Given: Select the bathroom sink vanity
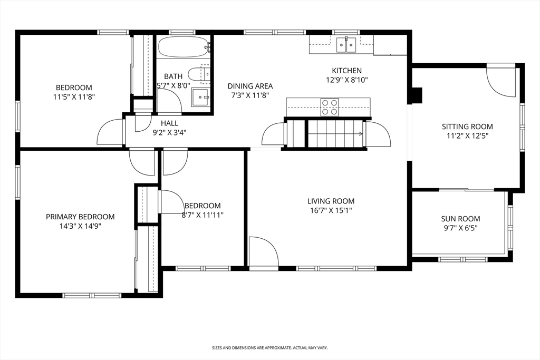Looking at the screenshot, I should pos(200,97).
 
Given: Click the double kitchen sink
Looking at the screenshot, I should pos(346,45).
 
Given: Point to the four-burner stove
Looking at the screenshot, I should pos(330,107).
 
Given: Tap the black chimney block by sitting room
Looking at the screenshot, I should pos(416,95).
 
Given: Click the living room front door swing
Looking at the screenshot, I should pos(262,252).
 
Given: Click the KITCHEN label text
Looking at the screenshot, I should pos(346,71).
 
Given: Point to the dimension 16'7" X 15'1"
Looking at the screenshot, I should pos(331,210).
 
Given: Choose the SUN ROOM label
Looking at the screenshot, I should pos(460,219).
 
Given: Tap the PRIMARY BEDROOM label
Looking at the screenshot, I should pos(80,217).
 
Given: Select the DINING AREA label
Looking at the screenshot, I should pos(250,86).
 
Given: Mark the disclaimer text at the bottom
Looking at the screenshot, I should pos(269,348).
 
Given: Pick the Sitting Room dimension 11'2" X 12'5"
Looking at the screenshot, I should pos(467,135).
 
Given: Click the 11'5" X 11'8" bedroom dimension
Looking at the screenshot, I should pos(74,97).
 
